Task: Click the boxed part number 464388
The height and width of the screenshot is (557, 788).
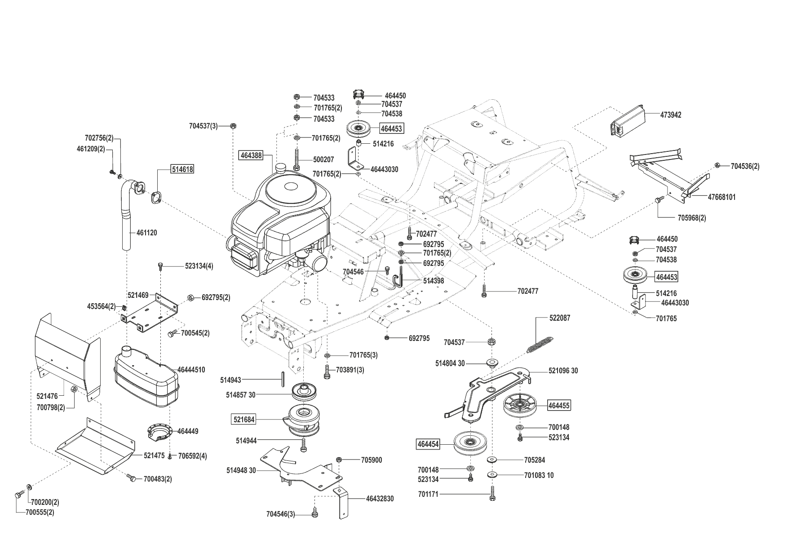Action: tap(251, 156)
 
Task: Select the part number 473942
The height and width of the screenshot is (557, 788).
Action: tap(671, 115)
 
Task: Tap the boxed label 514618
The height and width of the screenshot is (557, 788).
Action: tap(182, 169)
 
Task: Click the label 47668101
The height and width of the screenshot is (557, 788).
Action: tap(722, 197)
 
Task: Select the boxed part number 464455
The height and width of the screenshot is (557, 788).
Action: tap(559, 406)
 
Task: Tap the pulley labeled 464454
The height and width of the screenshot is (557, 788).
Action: tap(470, 444)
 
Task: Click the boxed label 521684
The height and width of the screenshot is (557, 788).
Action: tap(244, 420)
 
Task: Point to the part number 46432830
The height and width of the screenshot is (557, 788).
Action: tap(380, 499)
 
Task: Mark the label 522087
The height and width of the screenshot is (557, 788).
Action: tap(559, 318)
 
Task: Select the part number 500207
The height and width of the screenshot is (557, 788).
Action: tap(323, 160)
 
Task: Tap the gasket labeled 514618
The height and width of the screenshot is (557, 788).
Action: tap(157, 197)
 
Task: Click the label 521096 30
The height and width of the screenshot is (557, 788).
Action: tap(563, 371)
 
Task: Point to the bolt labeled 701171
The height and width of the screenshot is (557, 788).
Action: tap(493, 495)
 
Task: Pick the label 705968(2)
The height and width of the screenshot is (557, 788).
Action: tap(691, 218)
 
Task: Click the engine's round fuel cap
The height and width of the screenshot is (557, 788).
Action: tap(282, 168)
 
